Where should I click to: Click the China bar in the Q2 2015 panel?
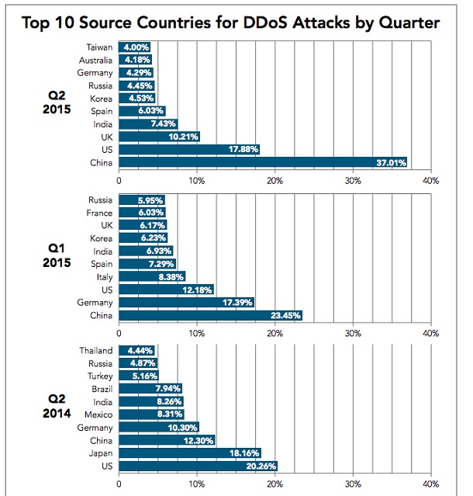(263, 162)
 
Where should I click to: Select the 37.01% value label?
(391, 162)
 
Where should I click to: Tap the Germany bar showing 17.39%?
(186, 302)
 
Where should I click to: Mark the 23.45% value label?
(285, 315)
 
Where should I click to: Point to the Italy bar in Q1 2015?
(151, 276)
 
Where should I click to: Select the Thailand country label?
(95, 351)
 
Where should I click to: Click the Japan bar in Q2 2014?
(190, 453)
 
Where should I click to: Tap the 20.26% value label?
(260, 467)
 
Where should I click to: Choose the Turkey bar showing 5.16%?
(139, 376)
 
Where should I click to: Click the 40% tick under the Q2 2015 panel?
(430, 180)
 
